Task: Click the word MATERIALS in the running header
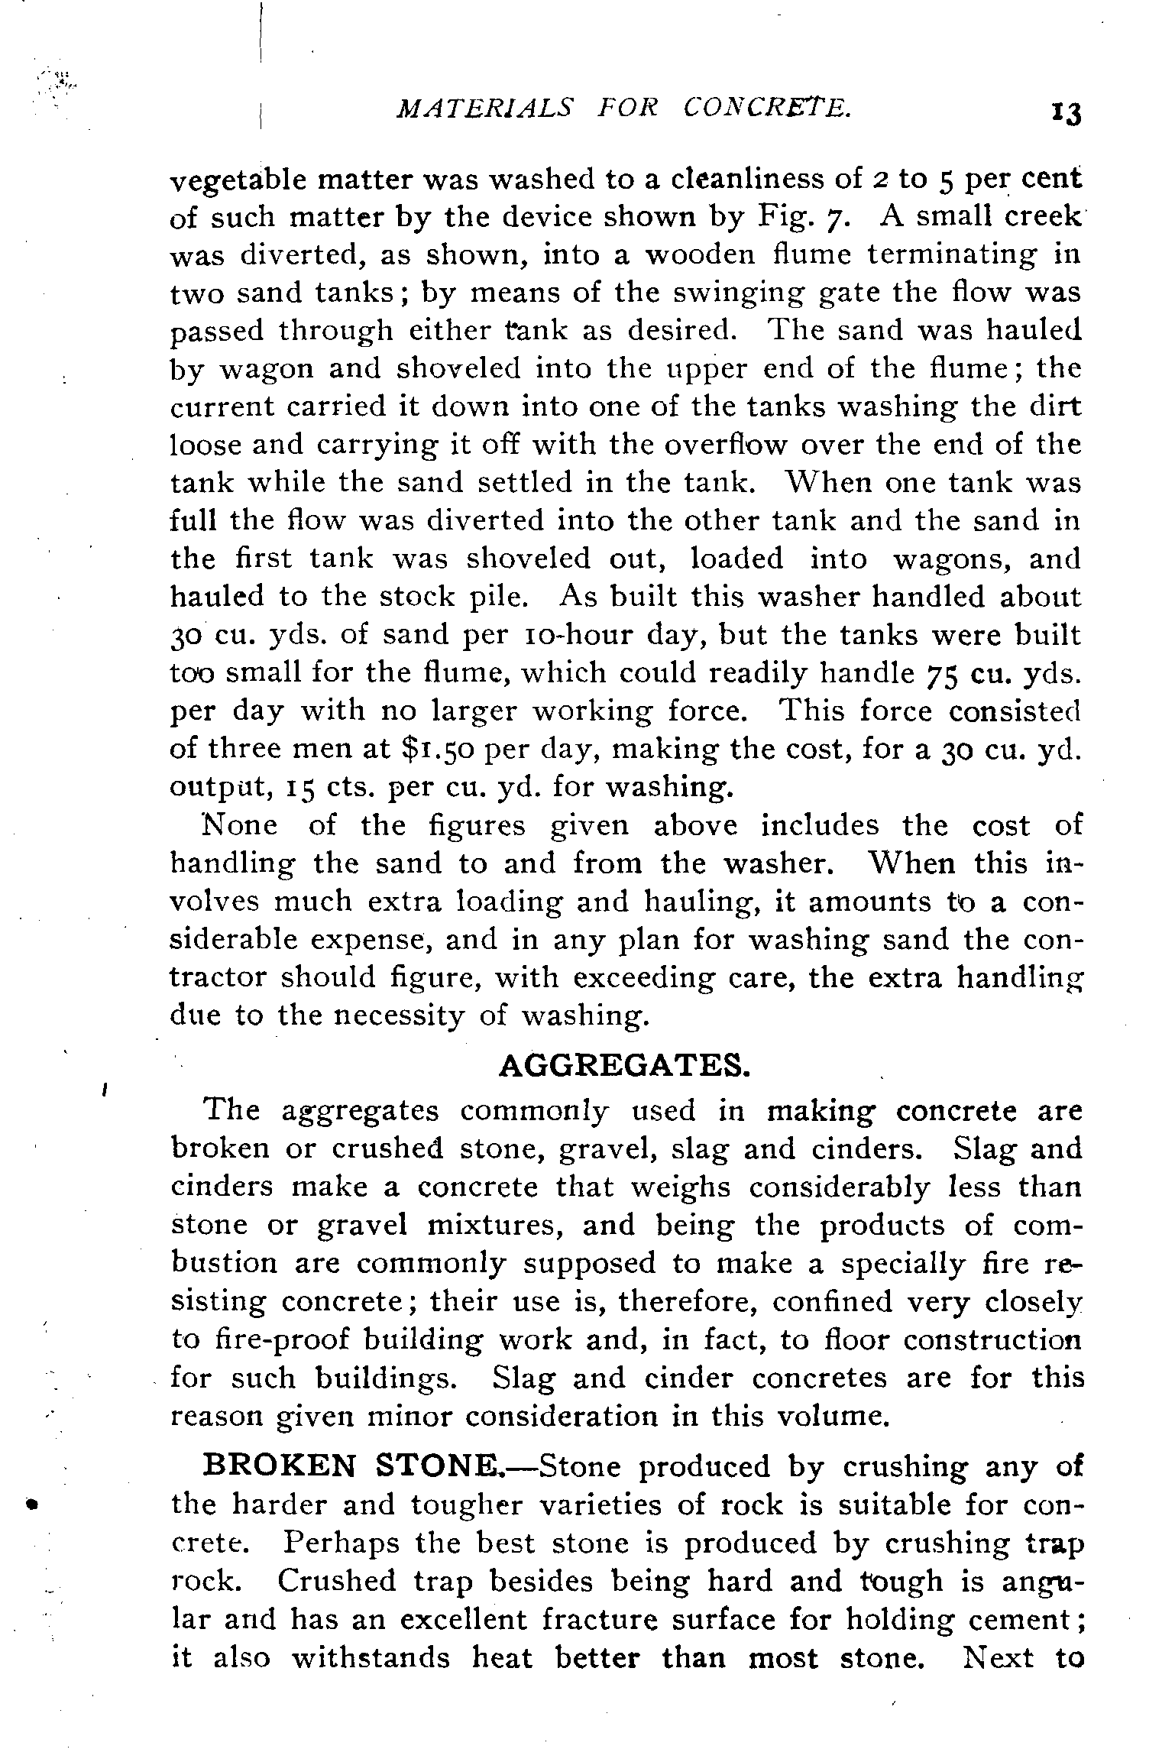[483, 109]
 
